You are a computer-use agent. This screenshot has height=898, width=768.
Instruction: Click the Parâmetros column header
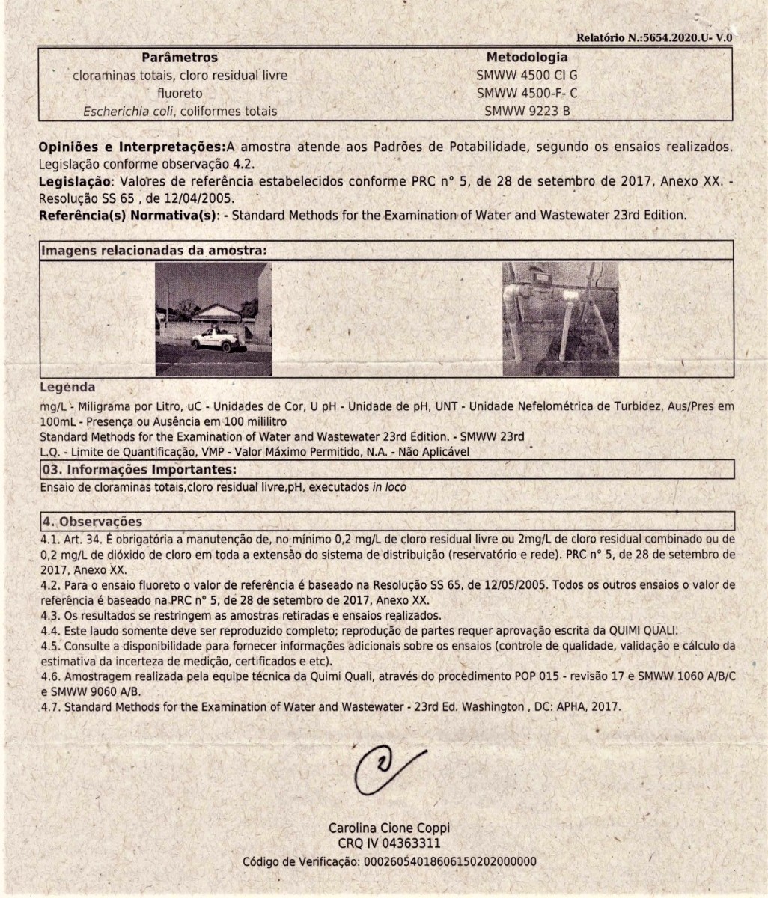point(180,58)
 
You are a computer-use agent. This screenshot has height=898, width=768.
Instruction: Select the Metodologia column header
point(527,57)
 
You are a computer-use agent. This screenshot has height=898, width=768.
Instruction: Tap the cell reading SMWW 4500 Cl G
point(527,76)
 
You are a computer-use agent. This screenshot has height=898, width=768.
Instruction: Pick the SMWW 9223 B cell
point(527,112)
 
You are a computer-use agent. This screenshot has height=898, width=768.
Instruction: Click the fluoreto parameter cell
point(180,94)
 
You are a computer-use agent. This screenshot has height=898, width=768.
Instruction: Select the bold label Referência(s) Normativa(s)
point(128,215)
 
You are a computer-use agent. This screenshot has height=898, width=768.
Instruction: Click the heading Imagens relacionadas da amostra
point(153,251)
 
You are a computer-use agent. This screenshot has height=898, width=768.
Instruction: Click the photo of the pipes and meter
point(560,319)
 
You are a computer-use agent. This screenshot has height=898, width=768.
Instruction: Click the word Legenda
point(67,388)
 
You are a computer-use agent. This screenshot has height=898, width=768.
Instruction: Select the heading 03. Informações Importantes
point(138,470)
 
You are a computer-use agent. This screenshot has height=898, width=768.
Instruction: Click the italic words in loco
point(389,487)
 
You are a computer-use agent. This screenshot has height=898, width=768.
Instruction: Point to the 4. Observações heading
point(91,522)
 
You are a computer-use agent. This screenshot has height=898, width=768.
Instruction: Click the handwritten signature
point(385,767)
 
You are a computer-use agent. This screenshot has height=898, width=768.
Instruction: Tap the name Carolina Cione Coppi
point(389,828)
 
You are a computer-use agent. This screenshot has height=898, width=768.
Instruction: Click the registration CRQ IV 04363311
point(389,844)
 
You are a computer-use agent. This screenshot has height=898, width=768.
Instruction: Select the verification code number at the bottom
point(449,861)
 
